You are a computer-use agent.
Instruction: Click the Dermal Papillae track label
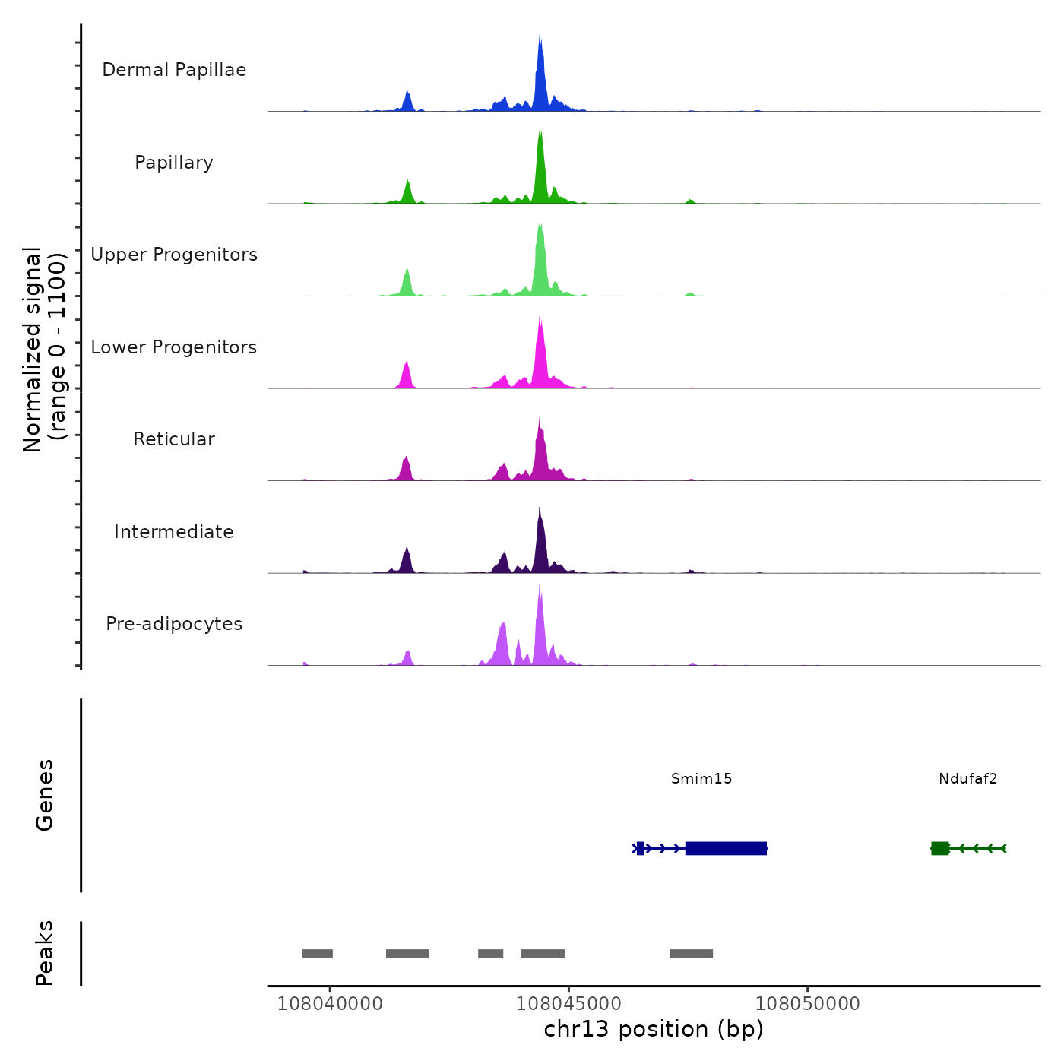pyautogui.click(x=174, y=70)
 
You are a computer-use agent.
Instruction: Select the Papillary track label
pyautogui.click(x=174, y=163)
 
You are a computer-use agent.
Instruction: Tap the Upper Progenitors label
pyautogui.click(x=174, y=255)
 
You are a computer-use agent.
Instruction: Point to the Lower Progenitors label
pyautogui.click(x=174, y=347)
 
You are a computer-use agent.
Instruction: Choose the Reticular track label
pyautogui.click(x=174, y=439)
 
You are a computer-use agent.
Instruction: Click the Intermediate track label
pyautogui.click(x=174, y=532)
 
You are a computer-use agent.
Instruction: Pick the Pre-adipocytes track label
pyautogui.click(x=174, y=624)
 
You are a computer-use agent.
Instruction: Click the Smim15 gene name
pyautogui.click(x=701, y=778)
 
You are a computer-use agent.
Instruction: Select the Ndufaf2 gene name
pyautogui.click(x=967, y=778)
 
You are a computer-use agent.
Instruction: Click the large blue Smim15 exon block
pyautogui.click(x=726, y=848)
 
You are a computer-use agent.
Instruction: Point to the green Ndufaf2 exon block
pyautogui.click(x=940, y=848)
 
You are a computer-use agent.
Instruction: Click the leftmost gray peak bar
pyautogui.click(x=318, y=954)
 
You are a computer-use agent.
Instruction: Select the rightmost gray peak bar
pyautogui.click(x=691, y=954)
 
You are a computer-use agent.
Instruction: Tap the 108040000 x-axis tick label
pyautogui.click(x=330, y=1003)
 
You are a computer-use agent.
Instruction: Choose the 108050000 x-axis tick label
pyautogui.click(x=808, y=1003)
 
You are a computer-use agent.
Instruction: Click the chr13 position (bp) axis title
pyautogui.click(x=654, y=1029)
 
